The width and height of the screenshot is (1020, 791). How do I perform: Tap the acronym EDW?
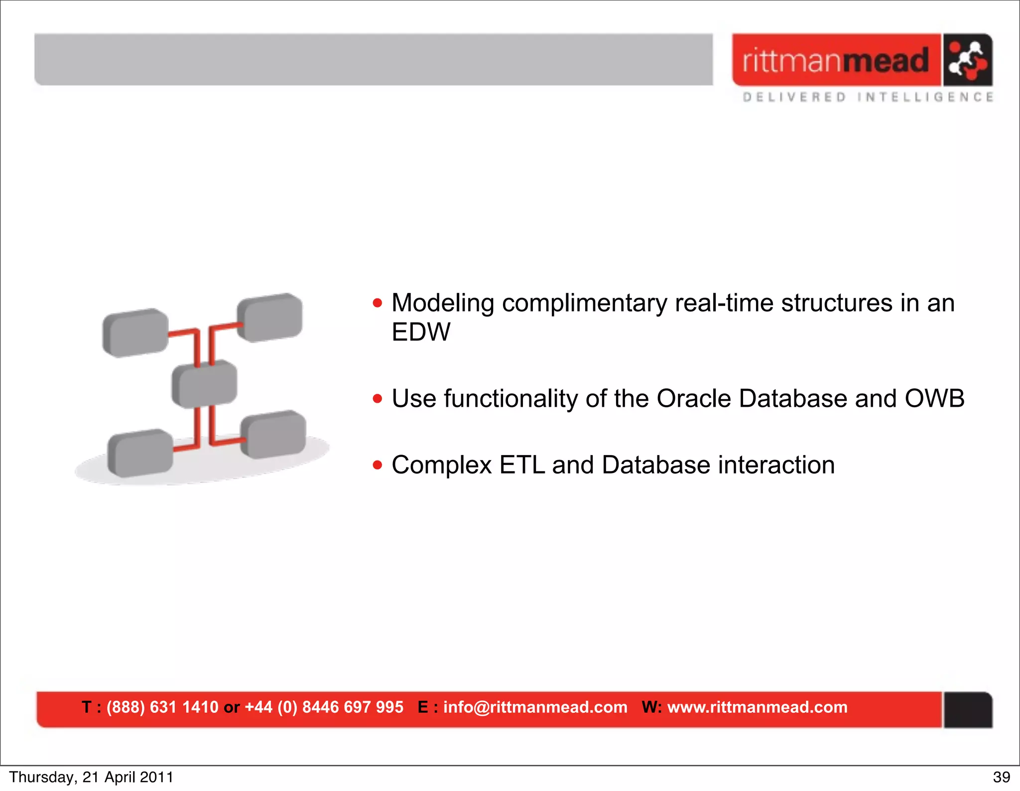421,332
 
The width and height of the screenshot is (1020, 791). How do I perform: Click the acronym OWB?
934,399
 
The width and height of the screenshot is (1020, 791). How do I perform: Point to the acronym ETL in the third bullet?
522,465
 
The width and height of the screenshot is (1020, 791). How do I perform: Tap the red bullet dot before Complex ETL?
378,466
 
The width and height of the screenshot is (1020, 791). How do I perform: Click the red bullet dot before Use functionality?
378,399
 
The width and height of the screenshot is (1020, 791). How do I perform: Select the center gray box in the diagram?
204,384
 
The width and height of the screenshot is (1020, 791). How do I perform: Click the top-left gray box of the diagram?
135,332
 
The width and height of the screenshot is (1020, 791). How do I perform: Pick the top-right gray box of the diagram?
269,317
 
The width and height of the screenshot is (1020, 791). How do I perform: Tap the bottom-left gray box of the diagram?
140,453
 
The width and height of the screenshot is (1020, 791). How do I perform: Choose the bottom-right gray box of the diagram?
273,434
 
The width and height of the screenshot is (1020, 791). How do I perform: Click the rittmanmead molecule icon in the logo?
967,60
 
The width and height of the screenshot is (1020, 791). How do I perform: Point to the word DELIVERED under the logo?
794,97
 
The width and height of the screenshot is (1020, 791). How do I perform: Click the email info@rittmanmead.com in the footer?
535,707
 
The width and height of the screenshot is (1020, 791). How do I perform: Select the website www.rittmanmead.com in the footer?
757,707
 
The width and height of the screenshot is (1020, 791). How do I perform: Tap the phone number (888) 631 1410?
162,707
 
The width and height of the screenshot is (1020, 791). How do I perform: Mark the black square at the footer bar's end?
968,710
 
